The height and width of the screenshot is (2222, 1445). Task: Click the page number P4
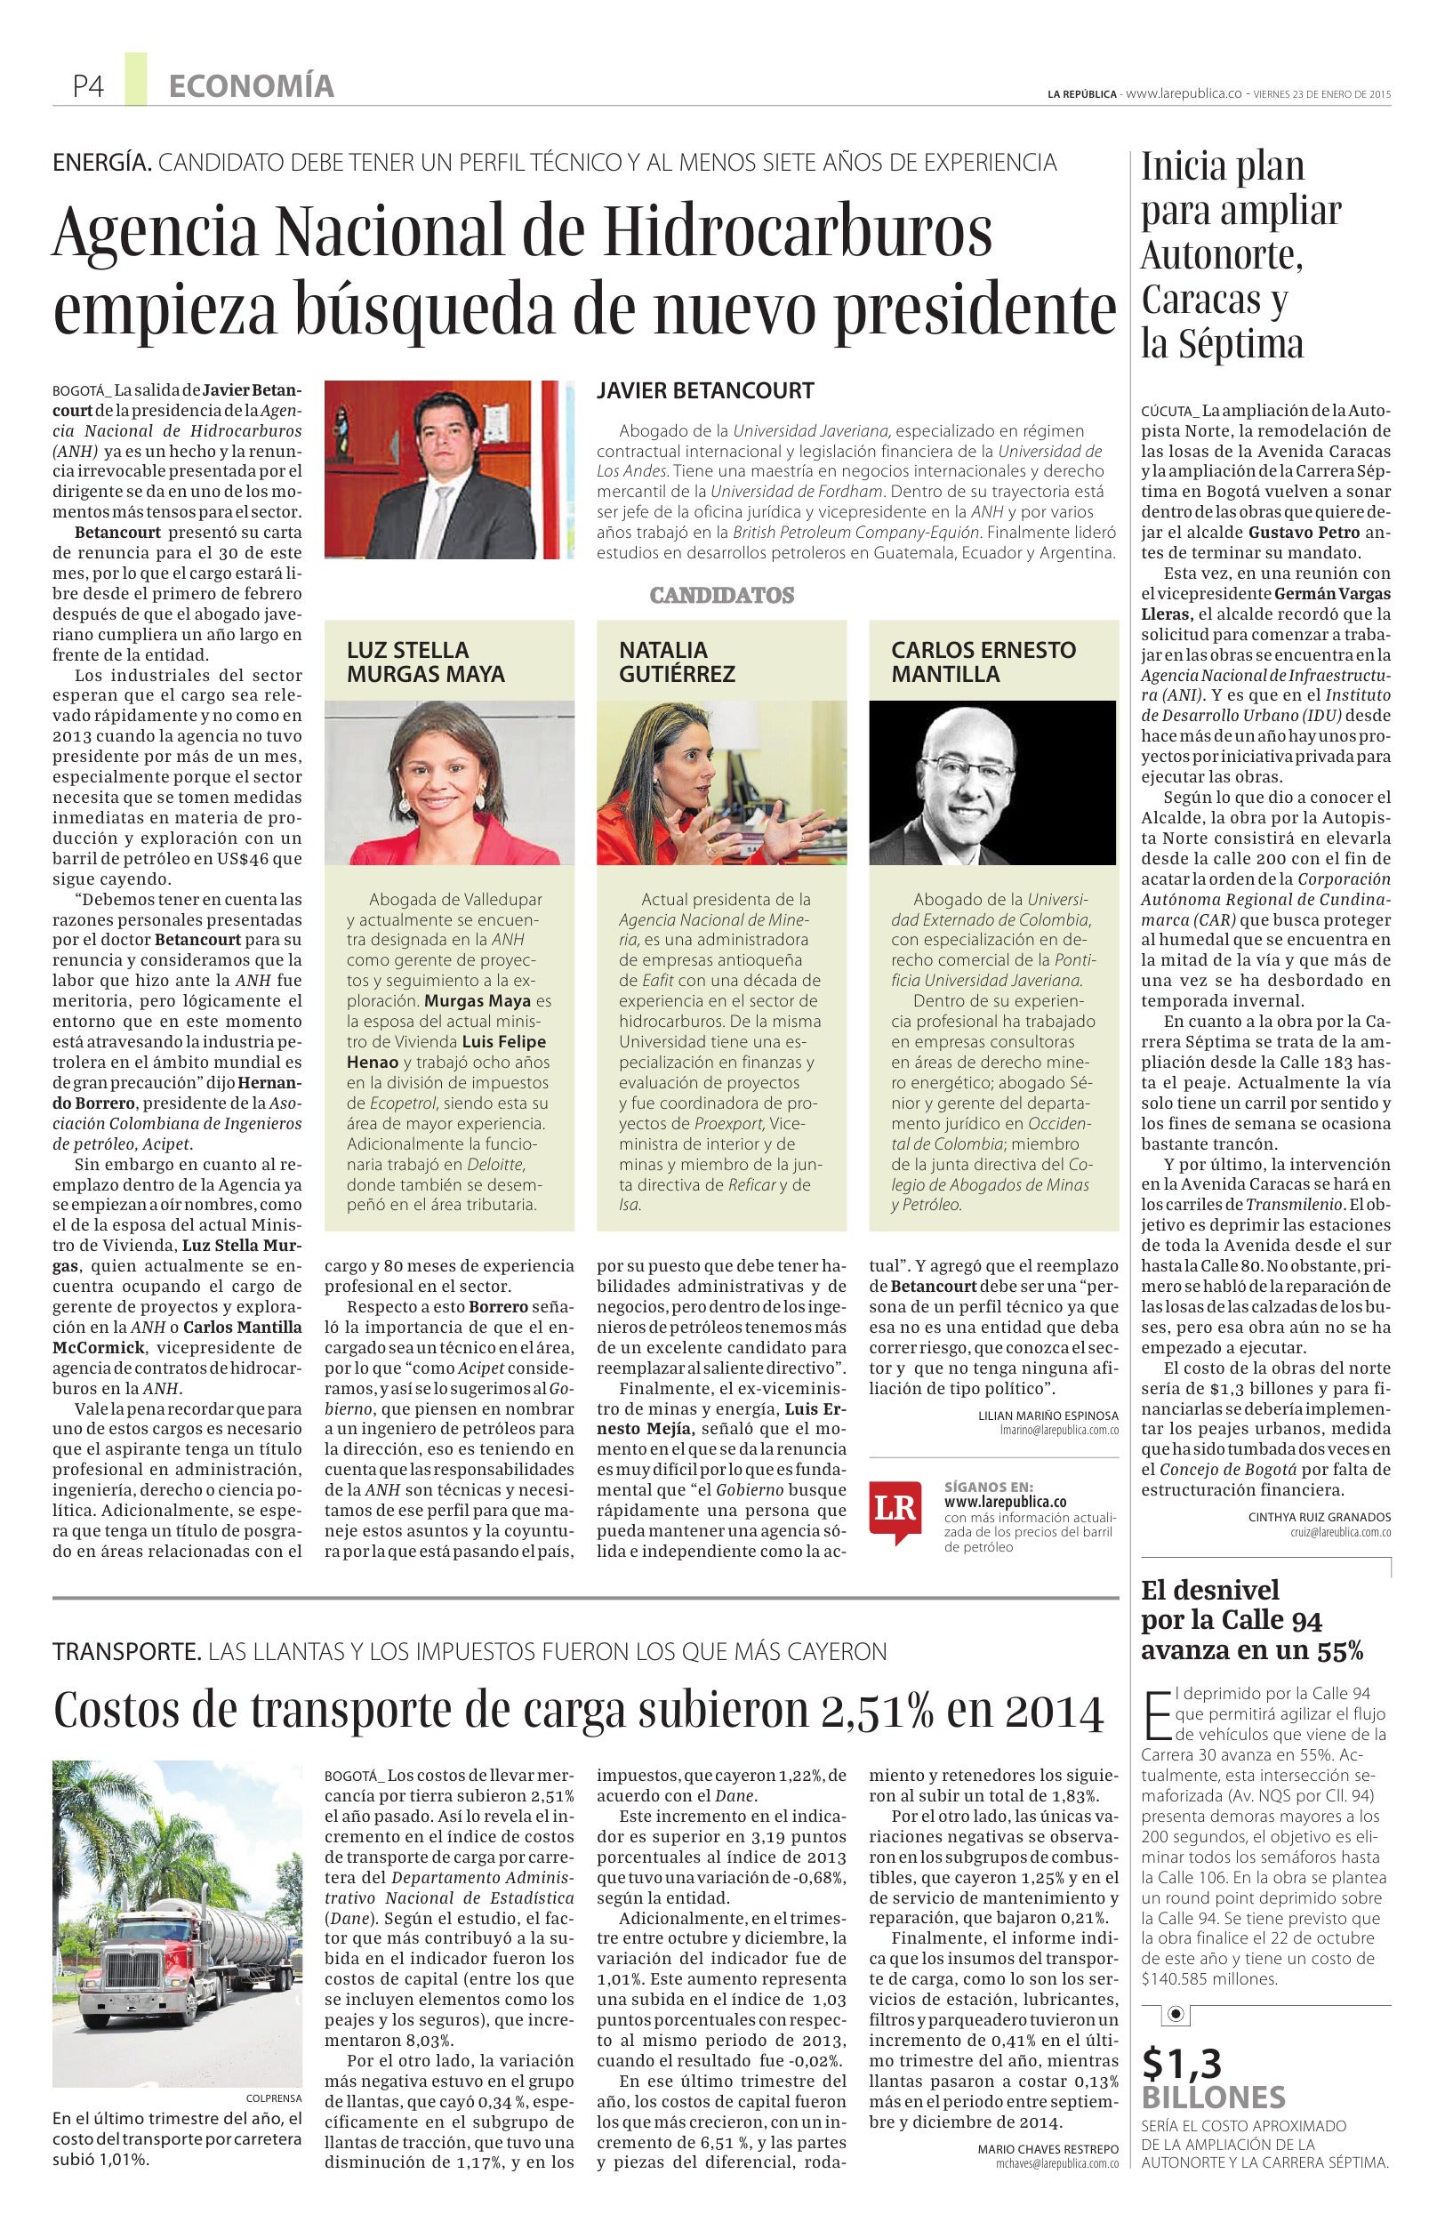(89, 87)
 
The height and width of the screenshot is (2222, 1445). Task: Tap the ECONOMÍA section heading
(251, 87)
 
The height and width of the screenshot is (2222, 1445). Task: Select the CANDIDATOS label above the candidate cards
(721, 596)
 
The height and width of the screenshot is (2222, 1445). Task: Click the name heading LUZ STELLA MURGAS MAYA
(426, 662)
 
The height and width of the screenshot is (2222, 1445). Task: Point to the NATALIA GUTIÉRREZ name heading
(677, 662)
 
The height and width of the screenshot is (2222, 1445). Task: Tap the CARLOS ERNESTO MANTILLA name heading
(983, 662)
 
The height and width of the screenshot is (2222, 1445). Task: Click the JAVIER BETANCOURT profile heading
(705, 391)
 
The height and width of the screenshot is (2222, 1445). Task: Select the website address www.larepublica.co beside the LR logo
(1005, 1502)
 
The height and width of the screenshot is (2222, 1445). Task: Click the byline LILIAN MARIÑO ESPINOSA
(1048, 1416)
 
